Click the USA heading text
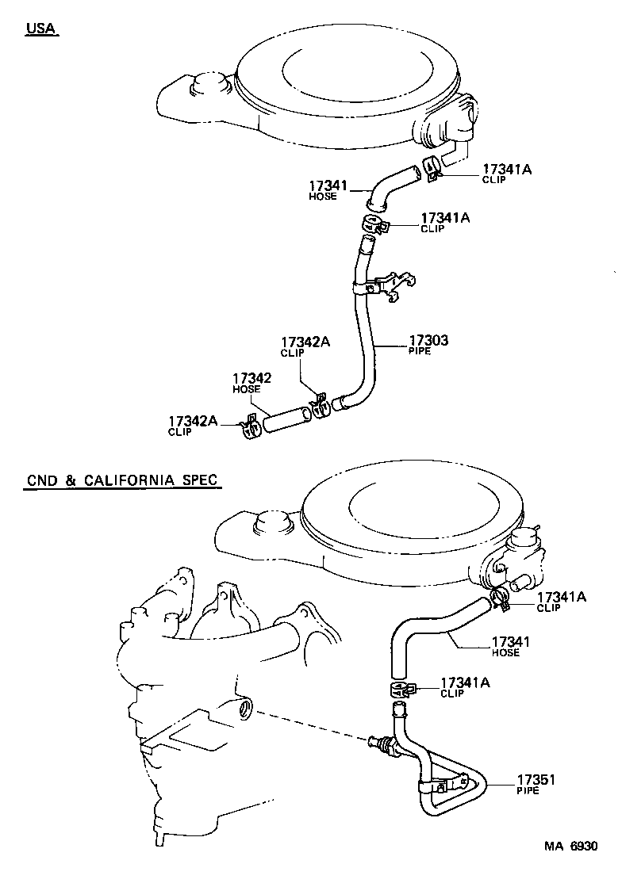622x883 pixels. [42, 29]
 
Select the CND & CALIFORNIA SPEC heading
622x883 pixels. [122, 480]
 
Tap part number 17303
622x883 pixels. [428, 341]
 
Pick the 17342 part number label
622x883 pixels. [251, 379]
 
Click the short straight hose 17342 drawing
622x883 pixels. [285, 419]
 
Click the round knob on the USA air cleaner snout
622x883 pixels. [209, 82]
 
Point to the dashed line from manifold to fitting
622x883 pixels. [309, 724]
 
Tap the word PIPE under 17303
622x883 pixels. [420, 351]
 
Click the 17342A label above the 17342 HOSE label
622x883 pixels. [305, 342]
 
